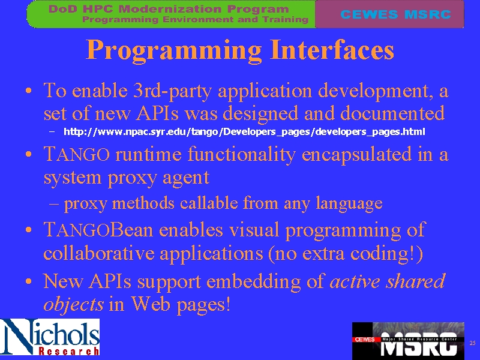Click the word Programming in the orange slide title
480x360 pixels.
coord(173,50)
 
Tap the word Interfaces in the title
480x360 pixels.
coord(332,49)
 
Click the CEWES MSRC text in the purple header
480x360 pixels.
coord(395,14)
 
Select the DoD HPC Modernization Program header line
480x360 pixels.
coord(169,9)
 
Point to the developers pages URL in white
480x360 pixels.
coord(244,132)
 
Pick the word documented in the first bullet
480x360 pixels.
coord(392,113)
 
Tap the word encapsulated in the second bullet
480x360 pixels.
coord(356,155)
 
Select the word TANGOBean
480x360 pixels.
coord(98,230)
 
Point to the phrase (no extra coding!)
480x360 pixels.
coord(346,253)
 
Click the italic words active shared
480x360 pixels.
coord(387,281)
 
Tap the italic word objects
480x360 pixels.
coord(73,305)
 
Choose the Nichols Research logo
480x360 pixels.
coord(50,337)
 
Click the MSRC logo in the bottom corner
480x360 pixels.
coord(408,341)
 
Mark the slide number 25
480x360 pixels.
coord(472,343)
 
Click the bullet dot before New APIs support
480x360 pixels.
coord(28,281)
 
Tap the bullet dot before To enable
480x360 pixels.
coord(28,91)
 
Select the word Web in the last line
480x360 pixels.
coord(151,304)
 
